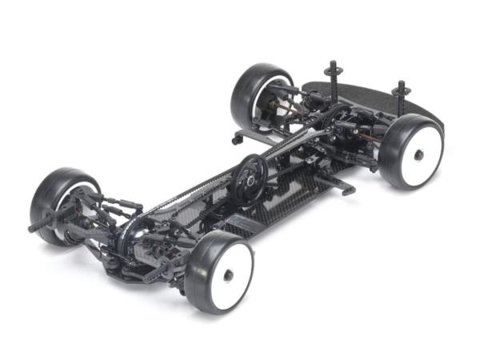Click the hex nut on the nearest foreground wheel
pyautogui.click(x=229, y=274)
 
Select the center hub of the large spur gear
pyautogui.click(x=250, y=181)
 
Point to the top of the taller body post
pyautogui.click(x=330, y=64)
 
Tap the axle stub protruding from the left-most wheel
pyautogui.click(x=36, y=226)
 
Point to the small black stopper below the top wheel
pyautogui.click(x=237, y=139)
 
